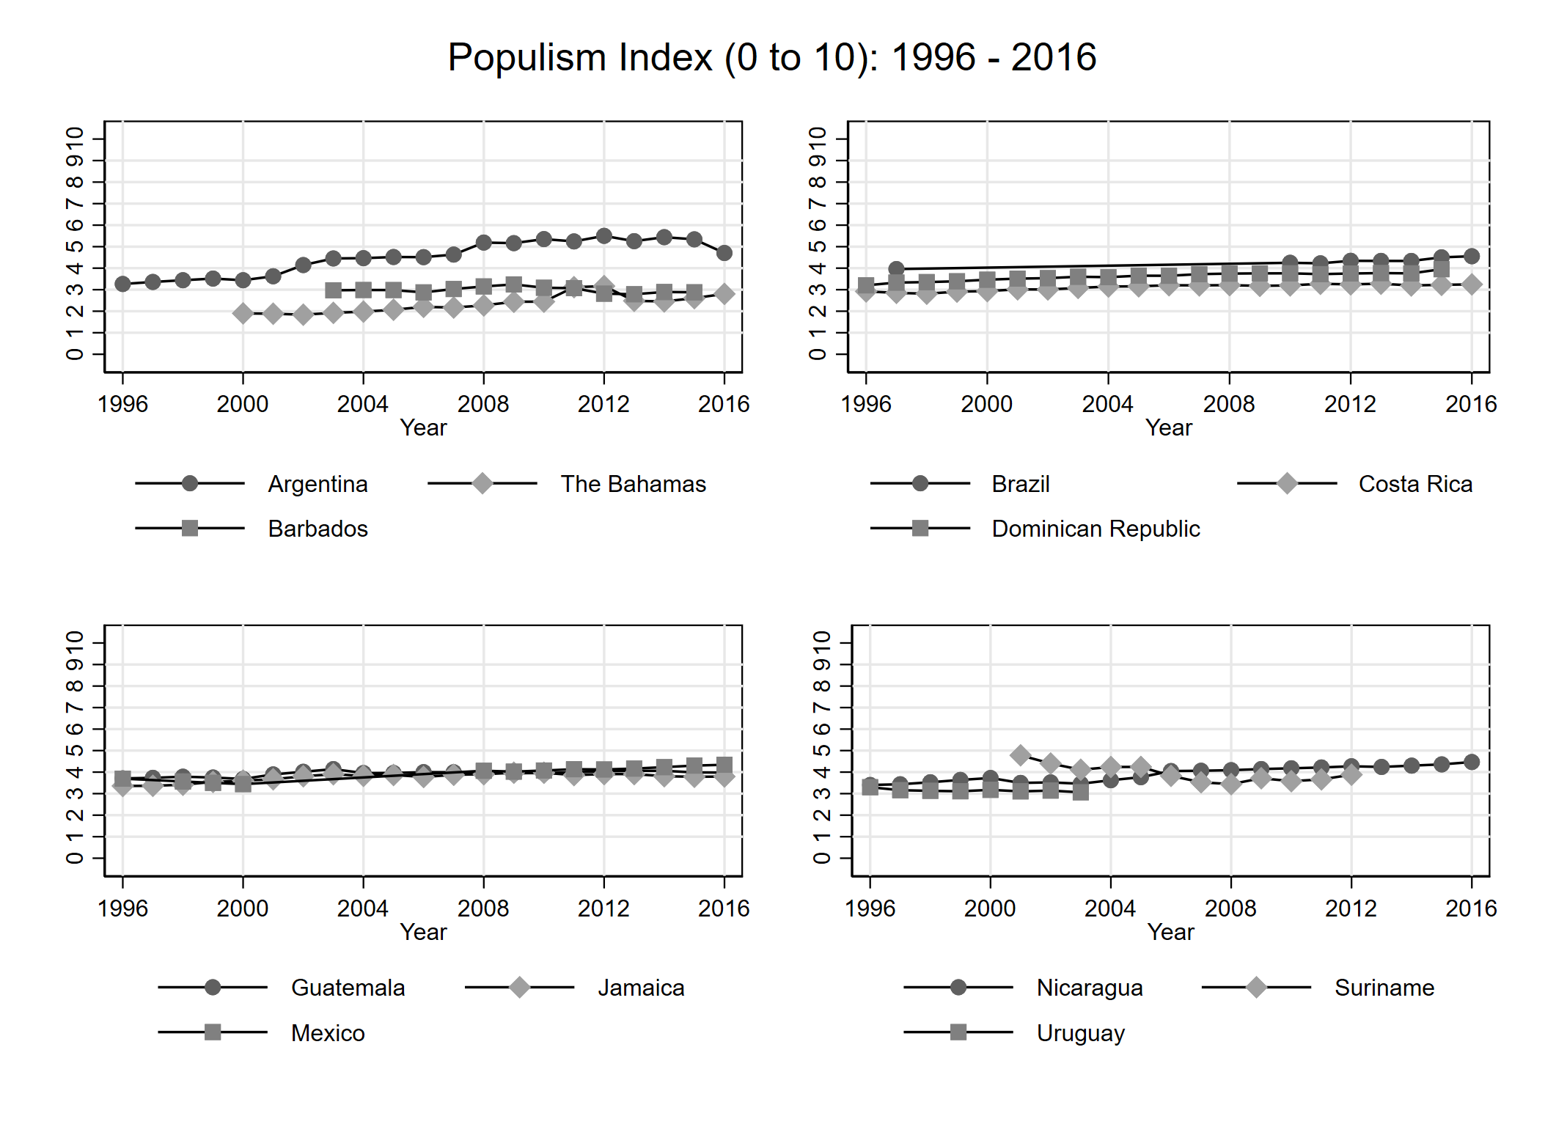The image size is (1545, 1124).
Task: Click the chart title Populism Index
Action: click(771, 57)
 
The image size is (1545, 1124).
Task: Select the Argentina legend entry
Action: click(318, 484)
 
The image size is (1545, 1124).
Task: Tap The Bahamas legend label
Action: click(633, 484)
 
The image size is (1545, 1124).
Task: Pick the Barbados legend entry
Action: click(318, 529)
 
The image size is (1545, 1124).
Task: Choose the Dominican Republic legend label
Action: click(1096, 529)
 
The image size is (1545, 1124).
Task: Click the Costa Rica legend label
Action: click(1414, 484)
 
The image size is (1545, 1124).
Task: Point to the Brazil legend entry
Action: click(1020, 484)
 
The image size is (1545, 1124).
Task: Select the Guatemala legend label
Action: click(348, 988)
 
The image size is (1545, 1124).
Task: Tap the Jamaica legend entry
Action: click(640, 988)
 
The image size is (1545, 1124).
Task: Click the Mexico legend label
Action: click(328, 1033)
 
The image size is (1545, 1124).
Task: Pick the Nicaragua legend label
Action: click(1089, 988)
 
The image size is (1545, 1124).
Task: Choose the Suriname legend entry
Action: click(1384, 988)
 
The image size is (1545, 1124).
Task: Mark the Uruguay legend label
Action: click(1080, 1033)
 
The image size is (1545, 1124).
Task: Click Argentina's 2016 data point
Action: click(724, 253)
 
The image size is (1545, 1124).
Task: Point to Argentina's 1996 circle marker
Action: click(122, 284)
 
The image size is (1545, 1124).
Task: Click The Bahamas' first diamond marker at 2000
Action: click(243, 314)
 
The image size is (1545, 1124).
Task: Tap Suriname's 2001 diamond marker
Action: click(1020, 755)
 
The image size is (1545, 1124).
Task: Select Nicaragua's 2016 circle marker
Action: click(1471, 762)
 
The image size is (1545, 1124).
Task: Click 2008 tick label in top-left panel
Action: click(482, 404)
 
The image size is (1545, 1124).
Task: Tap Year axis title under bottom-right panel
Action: click(1170, 932)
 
